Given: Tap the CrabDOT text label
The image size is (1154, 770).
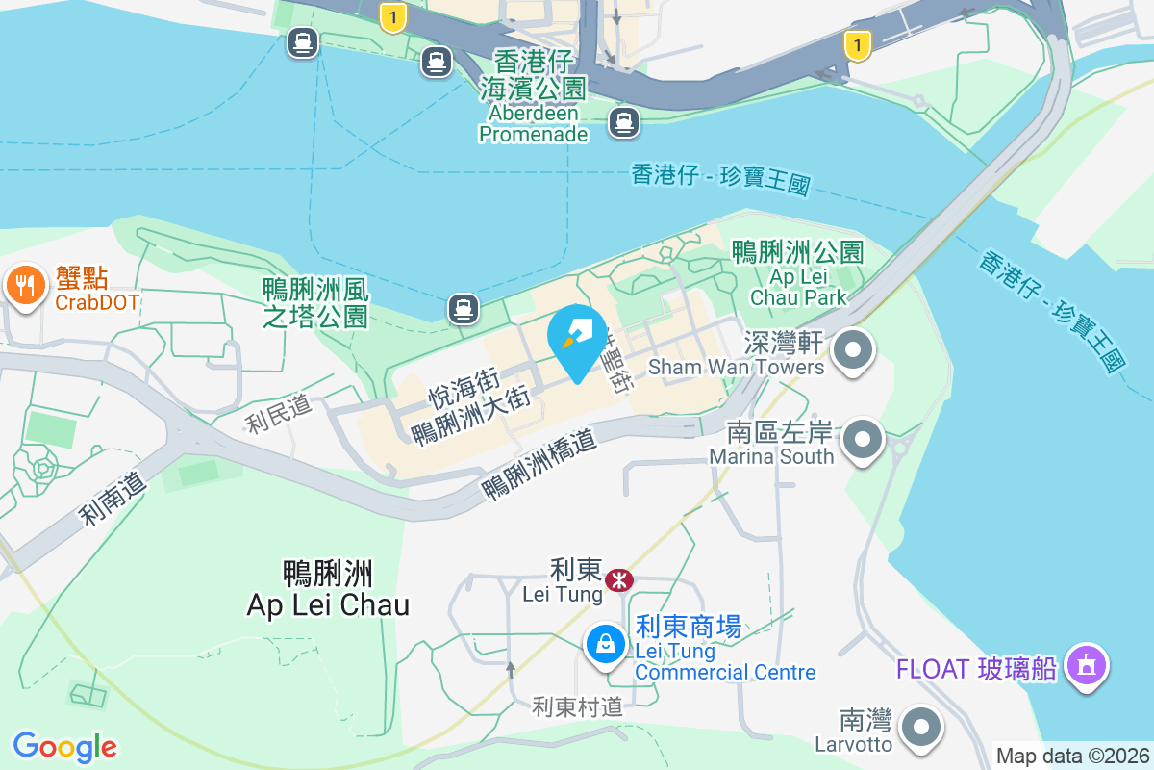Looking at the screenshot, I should coord(97,302).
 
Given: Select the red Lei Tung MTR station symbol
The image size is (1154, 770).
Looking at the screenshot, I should coord(618,579).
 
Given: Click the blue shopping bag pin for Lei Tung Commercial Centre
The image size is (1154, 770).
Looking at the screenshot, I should coord(606,642).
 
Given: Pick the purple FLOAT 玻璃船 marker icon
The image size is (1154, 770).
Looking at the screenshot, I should coord(1087,665).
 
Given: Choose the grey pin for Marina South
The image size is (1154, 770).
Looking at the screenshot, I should coord(863,440).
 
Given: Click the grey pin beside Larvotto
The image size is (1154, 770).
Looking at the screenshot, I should coord(922,727).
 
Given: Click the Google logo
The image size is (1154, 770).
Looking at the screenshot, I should coord(65,746).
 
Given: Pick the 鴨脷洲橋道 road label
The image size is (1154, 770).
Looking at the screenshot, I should coord(539,463).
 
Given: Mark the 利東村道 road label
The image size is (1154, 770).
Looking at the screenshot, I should coord(577,707).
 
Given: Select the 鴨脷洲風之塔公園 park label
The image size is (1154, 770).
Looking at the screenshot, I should coord(315,302).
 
